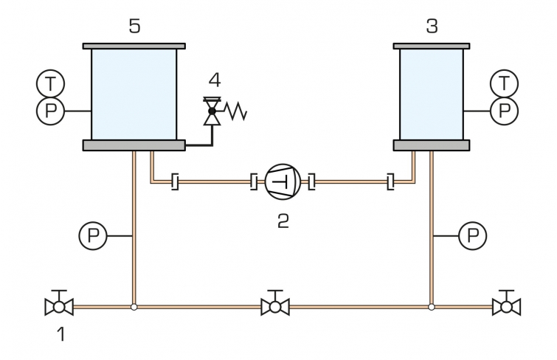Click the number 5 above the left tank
(x=134, y=27)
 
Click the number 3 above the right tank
(x=432, y=27)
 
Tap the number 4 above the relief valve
(x=215, y=80)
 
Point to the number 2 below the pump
(x=283, y=221)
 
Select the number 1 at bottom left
(x=61, y=334)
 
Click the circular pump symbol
(x=283, y=182)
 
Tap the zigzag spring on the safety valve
(x=235, y=111)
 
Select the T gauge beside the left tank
(x=50, y=84)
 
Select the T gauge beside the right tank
(x=504, y=84)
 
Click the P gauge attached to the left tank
(x=50, y=111)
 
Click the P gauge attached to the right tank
(x=504, y=111)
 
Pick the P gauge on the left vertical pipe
(x=93, y=235)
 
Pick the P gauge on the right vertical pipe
(x=473, y=235)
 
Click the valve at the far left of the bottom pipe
(x=59, y=304)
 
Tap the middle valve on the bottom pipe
(x=275, y=304)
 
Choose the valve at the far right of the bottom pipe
(x=507, y=304)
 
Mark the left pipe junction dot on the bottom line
(x=134, y=307)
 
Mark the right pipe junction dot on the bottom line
(x=432, y=307)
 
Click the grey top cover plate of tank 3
(x=432, y=46)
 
